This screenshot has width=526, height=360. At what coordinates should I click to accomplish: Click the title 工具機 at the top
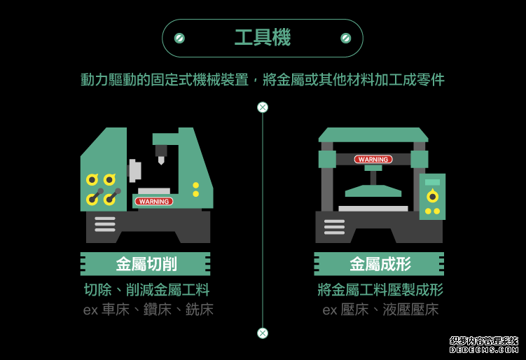263,38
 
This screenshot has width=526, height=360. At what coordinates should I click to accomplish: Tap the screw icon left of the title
179,38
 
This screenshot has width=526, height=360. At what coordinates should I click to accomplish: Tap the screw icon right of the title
345,38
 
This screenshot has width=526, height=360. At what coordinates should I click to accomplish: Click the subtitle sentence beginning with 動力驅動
263,79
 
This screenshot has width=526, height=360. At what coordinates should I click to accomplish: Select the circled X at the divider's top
263,107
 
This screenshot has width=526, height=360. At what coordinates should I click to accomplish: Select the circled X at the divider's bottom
263,333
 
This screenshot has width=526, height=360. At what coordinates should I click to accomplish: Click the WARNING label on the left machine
153,201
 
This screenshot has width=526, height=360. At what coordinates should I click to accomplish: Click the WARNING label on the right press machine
373,160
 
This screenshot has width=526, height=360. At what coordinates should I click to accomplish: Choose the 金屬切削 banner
146,264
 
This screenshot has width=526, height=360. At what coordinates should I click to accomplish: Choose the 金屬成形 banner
380,264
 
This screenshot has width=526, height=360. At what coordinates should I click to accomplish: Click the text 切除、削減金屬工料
146,290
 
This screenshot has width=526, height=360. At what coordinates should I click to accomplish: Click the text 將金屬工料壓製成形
380,290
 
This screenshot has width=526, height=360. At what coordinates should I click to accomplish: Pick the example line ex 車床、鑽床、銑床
148,310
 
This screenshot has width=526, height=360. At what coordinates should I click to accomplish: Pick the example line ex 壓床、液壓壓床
380,310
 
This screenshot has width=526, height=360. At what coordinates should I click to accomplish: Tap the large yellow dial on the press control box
432,196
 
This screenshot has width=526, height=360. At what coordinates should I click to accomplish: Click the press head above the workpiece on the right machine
373,190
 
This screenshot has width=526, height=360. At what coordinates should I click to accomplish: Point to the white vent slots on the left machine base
105,224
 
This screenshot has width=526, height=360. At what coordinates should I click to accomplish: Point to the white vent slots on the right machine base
334,227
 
